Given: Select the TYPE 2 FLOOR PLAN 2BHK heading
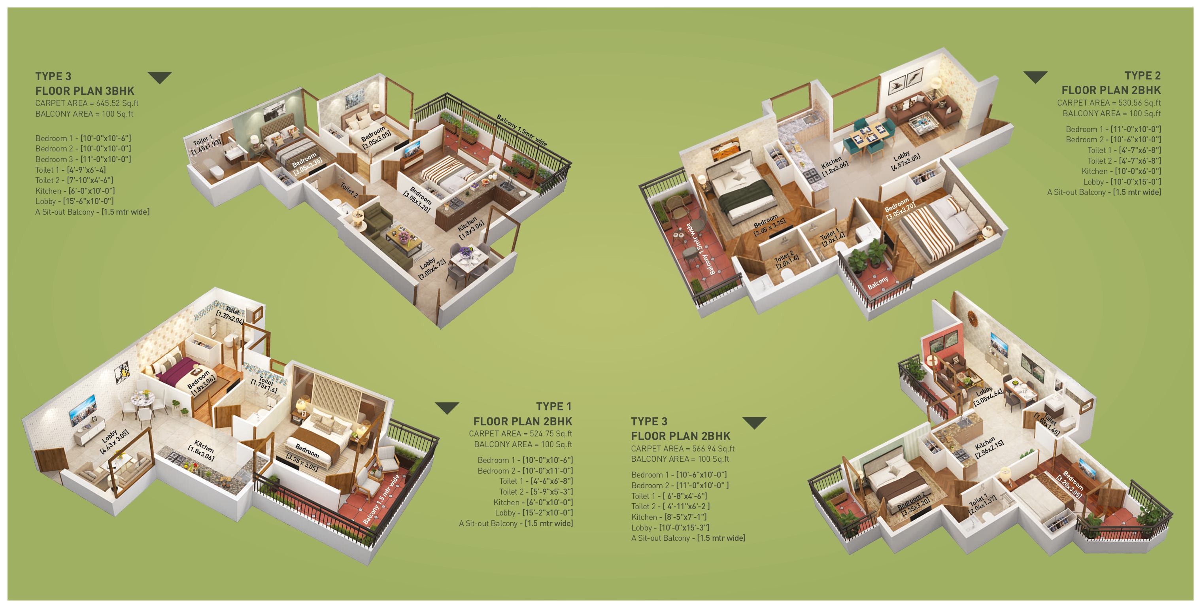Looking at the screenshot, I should click(x=1111, y=83).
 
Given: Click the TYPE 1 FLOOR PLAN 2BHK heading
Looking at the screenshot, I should click(x=523, y=414).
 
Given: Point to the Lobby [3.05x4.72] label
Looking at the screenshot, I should click(x=431, y=268).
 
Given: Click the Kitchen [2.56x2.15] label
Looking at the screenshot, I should click(x=988, y=448).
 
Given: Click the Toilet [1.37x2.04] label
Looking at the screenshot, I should click(x=231, y=315).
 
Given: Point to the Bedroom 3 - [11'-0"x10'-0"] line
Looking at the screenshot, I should click(x=83, y=159).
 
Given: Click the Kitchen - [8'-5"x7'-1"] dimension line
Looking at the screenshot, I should click(x=668, y=517).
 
